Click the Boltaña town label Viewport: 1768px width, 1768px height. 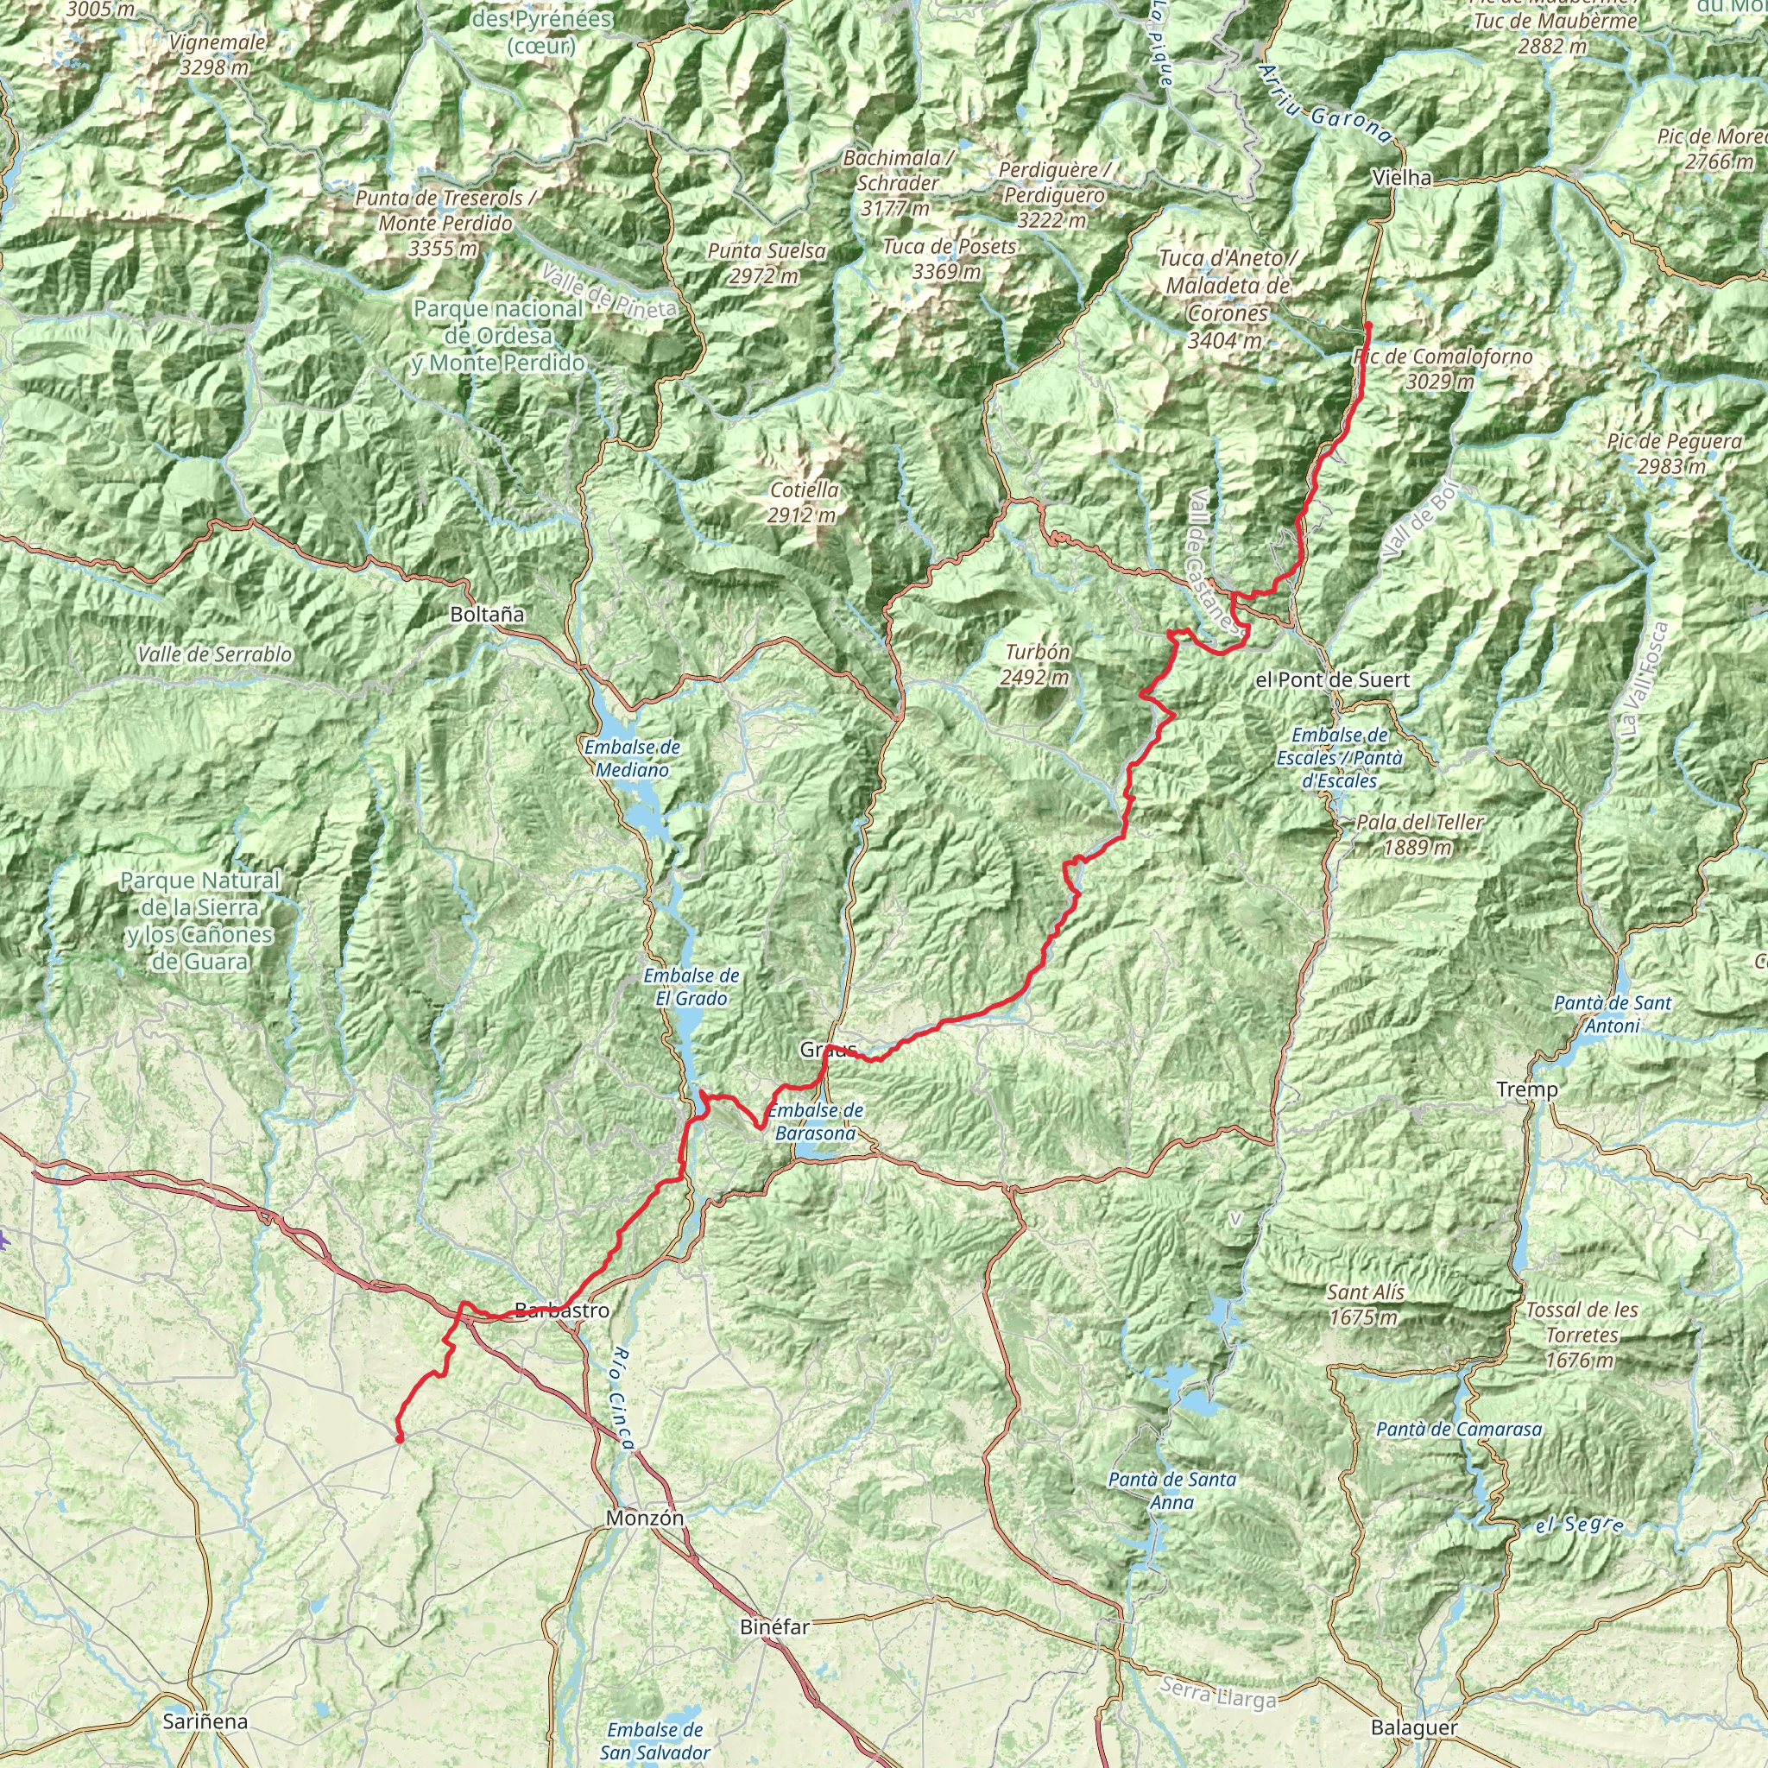click(x=487, y=614)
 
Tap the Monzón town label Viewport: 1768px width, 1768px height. click(x=644, y=1519)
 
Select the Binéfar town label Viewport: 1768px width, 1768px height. click(x=774, y=1626)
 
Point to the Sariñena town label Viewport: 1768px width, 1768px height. click(x=205, y=1721)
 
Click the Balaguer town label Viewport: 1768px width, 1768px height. click(x=1414, y=1727)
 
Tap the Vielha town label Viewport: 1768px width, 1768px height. click(x=1402, y=178)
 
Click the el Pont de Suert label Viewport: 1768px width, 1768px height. click(x=1332, y=680)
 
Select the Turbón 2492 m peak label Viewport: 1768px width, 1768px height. click(x=1036, y=665)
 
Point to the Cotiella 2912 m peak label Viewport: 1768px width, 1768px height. click(x=804, y=502)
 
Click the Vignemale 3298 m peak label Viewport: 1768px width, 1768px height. click(x=217, y=54)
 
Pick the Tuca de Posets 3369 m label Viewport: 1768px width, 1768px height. click(x=949, y=259)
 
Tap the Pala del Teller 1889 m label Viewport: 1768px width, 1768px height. click(x=1419, y=835)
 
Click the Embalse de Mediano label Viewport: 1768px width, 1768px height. click(x=632, y=758)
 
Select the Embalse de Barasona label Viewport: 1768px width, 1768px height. click(x=814, y=1121)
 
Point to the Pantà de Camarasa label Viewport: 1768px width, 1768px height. click(x=1459, y=1430)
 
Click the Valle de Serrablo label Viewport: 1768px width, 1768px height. click(x=215, y=654)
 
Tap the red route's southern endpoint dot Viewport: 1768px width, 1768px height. click(x=399, y=1438)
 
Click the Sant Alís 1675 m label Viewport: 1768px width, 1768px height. click(x=1366, y=1304)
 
